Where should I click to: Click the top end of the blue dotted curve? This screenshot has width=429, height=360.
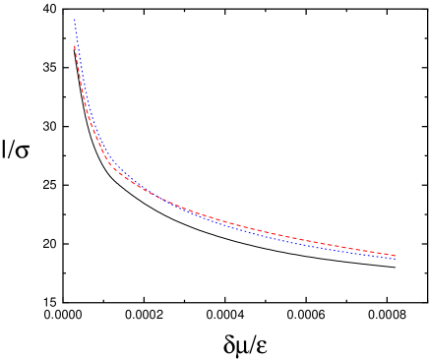click(x=75, y=20)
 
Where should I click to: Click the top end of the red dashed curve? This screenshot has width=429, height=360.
click(x=75, y=45)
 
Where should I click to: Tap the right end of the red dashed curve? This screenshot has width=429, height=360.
click(x=396, y=256)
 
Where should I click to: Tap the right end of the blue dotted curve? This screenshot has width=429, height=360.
click(x=396, y=260)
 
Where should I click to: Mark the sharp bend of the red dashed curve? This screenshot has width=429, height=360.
click(x=113, y=167)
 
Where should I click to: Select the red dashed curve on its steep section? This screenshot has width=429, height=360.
click(x=83, y=98)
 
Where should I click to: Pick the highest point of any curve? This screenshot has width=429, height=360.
click(x=75, y=20)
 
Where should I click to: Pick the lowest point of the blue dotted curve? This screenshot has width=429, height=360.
click(x=396, y=260)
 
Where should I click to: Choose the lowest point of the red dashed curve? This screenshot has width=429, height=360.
click(x=396, y=256)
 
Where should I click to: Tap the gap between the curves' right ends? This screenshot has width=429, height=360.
click(x=396, y=258)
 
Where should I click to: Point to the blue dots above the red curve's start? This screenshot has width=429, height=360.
click(x=76, y=32)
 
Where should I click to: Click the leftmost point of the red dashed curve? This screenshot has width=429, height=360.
click(x=75, y=45)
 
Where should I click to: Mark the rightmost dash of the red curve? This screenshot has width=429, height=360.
click(x=394, y=255)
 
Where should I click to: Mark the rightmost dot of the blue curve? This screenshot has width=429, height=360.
click(x=396, y=260)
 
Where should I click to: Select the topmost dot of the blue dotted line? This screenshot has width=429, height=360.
click(x=75, y=20)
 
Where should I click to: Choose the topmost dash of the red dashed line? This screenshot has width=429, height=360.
click(x=75, y=47)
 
